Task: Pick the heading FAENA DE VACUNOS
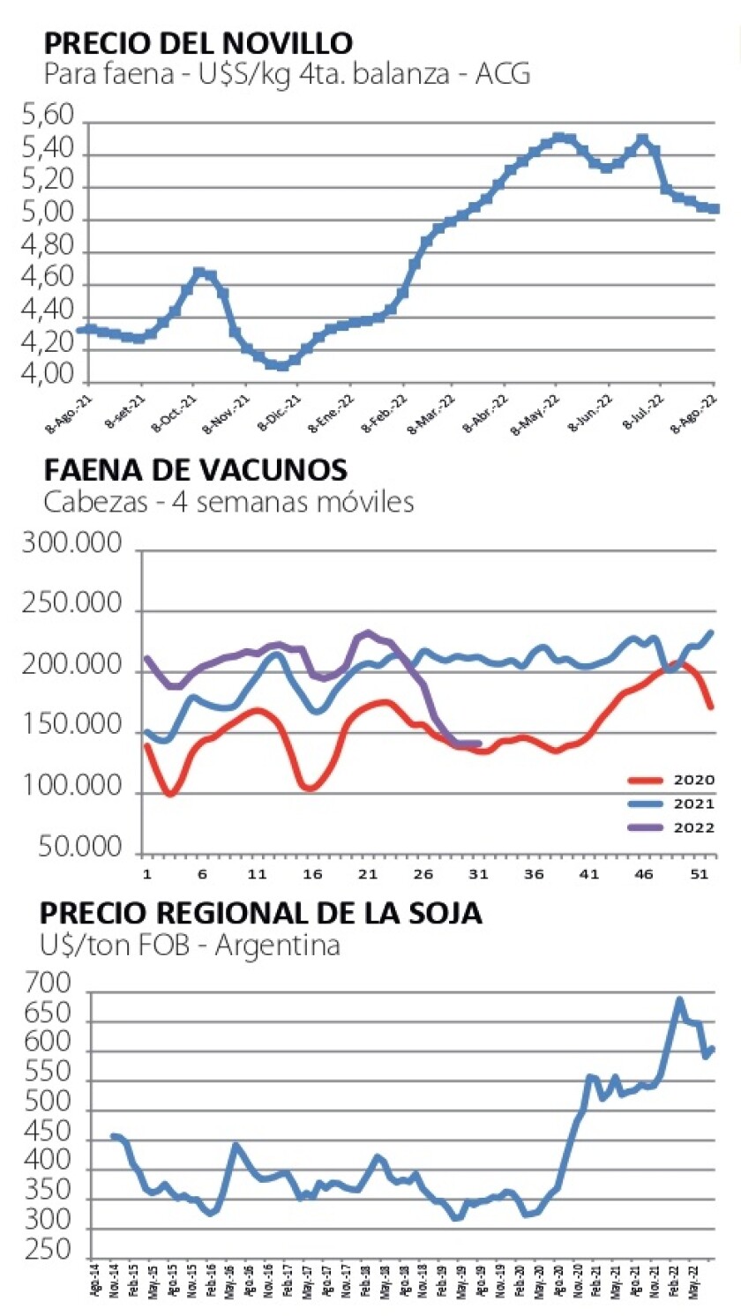coord(195,470)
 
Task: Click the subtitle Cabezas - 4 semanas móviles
coord(228,503)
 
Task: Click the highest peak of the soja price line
coord(679,1000)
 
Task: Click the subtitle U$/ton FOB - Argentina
coord(191,946)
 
